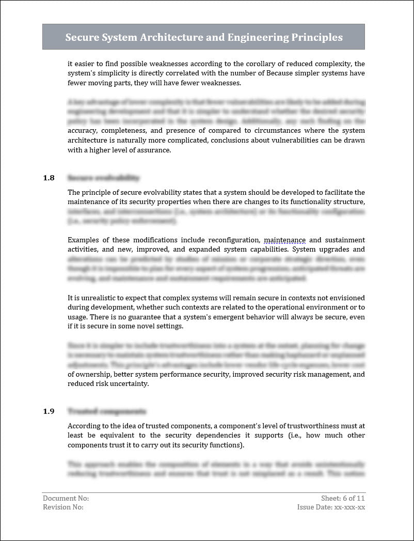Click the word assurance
pos(152,150)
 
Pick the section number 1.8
pos(49,178)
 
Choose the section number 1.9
pos(49,411)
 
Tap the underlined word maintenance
pos(284,240)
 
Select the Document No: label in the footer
pos(66,498)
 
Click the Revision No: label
pos(63,507)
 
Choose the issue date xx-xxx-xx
pos(349,507)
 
